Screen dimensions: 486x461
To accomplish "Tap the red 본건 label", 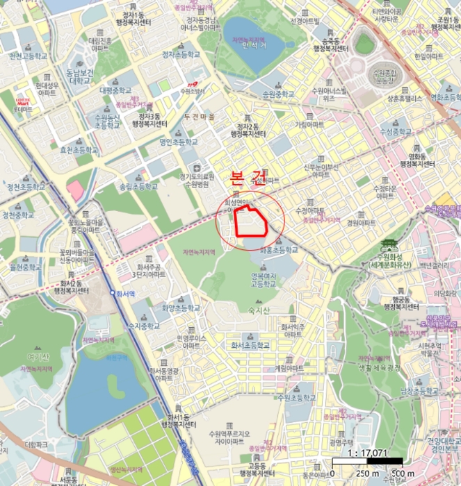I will point(248,176).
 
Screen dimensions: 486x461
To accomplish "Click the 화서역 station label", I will point(125,293).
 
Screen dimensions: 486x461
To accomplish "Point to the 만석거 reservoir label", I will point(254,47).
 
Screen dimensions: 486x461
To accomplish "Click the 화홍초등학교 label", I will point(279,250).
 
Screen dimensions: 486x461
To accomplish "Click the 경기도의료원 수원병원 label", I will point(194,181).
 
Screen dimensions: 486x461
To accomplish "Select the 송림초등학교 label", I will point(139,187).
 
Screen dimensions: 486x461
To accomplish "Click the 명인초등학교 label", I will point(179,142).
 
